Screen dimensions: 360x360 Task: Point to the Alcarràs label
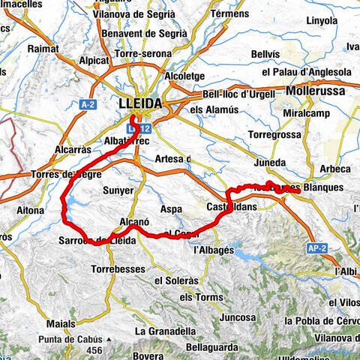coord(72,149)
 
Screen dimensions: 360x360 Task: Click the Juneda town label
coord(268,162)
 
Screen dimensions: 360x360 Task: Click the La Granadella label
coord(162,330)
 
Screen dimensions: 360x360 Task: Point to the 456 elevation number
coord(94,350)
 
